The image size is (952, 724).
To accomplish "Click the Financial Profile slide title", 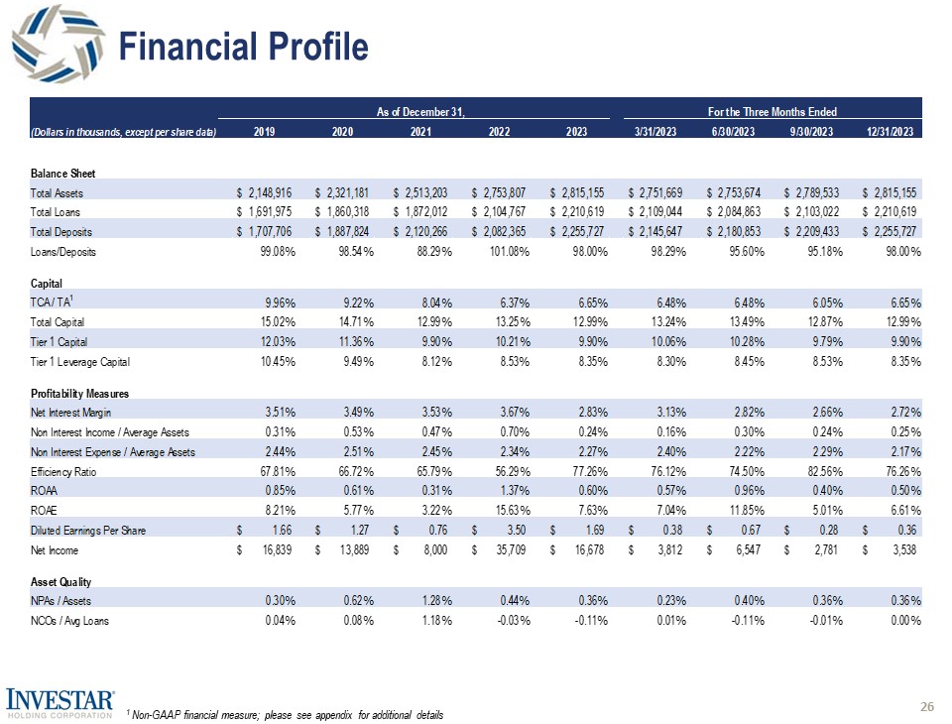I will click(243, 47).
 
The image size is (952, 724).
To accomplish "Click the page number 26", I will click(927, 706).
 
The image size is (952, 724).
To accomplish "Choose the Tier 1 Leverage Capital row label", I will click(80, 361).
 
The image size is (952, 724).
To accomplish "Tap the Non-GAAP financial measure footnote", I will click(286, 715).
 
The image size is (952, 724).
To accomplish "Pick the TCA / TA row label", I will click(54, 302).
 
